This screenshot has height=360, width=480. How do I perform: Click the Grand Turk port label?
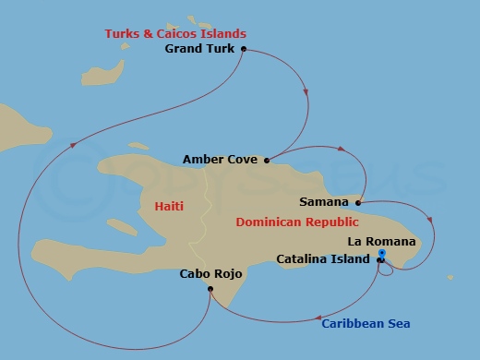[200, 49]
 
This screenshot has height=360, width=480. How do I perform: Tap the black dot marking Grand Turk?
[243, 49]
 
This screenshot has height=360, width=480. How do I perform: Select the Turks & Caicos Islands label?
[175, 34]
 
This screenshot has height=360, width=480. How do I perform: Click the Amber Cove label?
[220, 160]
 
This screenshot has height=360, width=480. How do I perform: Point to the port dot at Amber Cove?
[267, 160]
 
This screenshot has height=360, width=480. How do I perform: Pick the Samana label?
[324, 201]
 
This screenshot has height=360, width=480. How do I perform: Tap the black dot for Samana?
[357, 201]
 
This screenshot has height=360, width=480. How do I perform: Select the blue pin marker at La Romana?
[382, 253]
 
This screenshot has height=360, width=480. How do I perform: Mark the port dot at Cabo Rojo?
[210, 289]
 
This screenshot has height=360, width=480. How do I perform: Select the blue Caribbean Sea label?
[366, 323]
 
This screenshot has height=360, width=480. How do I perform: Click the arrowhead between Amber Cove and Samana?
[342, 149]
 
